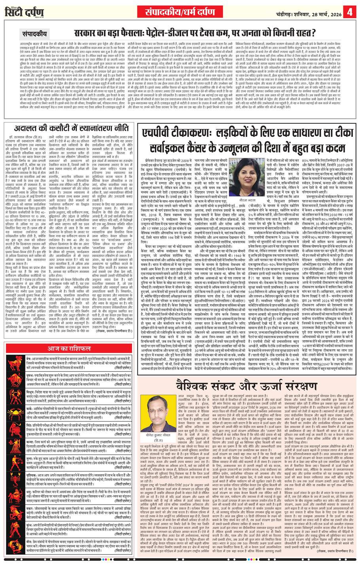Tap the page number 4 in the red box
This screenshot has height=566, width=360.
coord(350,11)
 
